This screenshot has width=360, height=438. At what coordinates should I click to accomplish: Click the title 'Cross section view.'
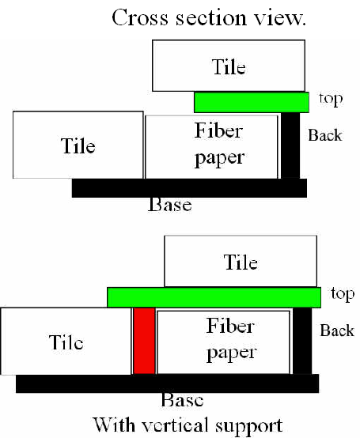(x=209, y=17)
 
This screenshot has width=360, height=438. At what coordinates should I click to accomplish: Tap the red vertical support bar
(x=144, y=341)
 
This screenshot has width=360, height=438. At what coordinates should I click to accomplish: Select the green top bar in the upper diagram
(x=252, y=103)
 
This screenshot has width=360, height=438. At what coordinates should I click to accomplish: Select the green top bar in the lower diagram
(x=214, y=297)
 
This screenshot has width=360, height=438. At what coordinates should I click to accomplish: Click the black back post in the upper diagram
(x=290, y=145)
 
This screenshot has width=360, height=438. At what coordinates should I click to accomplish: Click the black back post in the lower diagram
(x=302, y=341)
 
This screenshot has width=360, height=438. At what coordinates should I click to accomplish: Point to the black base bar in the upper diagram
(x=189, y=188)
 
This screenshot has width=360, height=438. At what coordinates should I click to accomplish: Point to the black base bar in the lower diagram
(x=167, y=383)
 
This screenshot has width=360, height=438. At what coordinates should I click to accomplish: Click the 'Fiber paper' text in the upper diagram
(x=219, y=145)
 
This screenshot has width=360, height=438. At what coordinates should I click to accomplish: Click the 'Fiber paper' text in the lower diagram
(x=231, y=340)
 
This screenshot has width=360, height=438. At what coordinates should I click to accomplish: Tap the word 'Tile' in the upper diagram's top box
(x=229, y=66)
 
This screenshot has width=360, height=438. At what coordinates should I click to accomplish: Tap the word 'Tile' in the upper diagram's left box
(x=78, y=145)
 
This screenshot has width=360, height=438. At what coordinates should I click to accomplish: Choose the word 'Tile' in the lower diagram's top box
(x=241, y=262)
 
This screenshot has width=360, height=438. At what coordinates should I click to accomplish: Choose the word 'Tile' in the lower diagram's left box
(x=66, y=342)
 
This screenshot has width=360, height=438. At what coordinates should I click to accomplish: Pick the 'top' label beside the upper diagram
(x=331, y=100)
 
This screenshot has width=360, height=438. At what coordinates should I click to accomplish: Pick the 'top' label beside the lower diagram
(x=343, y=294)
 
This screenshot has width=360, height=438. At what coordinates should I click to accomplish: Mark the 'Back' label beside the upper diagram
(x=325, y=135)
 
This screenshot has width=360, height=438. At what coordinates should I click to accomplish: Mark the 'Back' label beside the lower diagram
(x=337, y=330)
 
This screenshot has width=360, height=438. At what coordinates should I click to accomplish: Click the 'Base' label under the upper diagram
(x=170, y=205)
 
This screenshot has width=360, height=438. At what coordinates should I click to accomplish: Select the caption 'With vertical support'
(x=188, y=425)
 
